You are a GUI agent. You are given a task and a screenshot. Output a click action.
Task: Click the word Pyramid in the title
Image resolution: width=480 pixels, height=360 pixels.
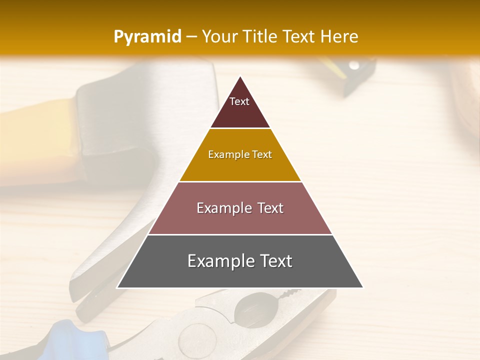click(147, 36)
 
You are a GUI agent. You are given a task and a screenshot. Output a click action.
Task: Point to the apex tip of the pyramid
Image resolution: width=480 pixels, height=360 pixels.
click(240, 76)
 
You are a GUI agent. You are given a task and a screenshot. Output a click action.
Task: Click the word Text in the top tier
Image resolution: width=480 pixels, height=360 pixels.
click(239, 101)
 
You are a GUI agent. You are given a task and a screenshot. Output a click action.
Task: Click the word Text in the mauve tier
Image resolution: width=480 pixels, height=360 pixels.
click(268, 208)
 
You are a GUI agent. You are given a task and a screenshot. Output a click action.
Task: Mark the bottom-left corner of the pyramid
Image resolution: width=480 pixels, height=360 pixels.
click(117, 287)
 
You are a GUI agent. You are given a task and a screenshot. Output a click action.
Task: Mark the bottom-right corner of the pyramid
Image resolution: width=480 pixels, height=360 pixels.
click(362, 287)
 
